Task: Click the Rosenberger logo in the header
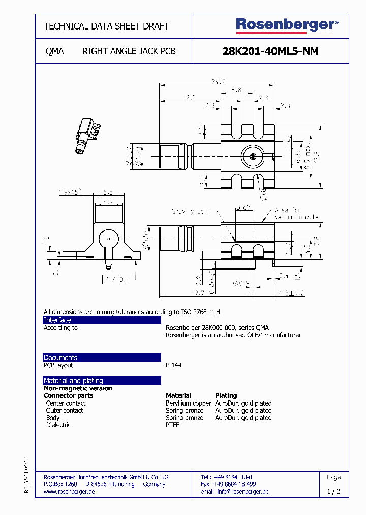(286, 25)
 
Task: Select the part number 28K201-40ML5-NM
(270, 51)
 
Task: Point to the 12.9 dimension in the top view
(189, 97)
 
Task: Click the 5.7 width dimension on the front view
(108, 202)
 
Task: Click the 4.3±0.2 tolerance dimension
(291, 293)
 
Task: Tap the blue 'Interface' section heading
(57, 320)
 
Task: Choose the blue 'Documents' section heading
(60, 357)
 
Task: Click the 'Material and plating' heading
(73, 380)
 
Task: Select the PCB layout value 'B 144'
(173, 365)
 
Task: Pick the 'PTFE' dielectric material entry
(172, 425)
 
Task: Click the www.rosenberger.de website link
(69, 492)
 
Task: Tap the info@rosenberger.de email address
(242, 492)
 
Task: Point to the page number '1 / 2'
(333, 492)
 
